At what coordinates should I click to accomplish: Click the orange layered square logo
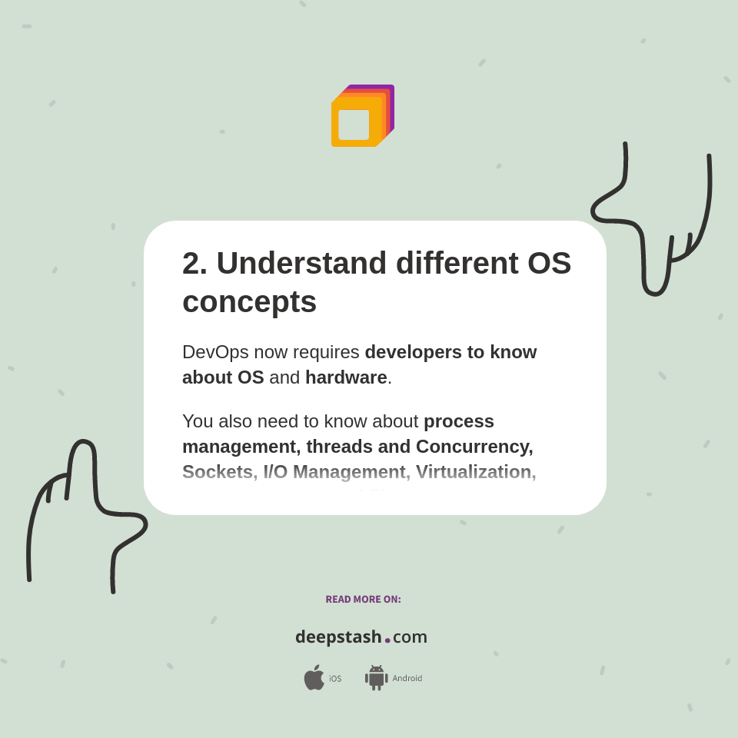(362, 116)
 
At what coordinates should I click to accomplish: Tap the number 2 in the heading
(191, 264)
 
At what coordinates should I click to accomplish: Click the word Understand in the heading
(301, 264)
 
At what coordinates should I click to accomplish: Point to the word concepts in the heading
(249, 302)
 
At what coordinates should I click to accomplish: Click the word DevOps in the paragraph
(215, 352)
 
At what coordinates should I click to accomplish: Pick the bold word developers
(414, 352)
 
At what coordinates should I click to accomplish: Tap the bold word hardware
(346, 377)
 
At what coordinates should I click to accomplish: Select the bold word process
(459, 421)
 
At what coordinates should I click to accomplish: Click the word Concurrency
(474, 447)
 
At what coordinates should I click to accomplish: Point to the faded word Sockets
(218, 472)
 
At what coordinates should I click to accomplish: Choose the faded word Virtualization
(476, 472)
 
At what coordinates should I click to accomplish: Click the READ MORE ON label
(363, 600)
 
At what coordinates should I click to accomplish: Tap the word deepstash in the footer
(338, 637)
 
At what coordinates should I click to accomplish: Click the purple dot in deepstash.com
(387, 640)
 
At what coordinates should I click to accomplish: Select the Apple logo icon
(314, 678)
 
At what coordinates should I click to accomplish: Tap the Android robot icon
(376, 678)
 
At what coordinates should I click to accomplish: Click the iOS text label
(335, 679)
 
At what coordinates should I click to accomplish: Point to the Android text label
(407, 679)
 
